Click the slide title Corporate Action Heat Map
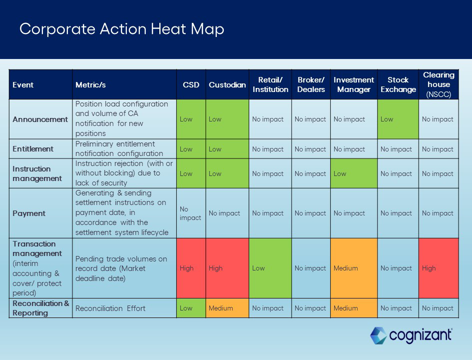(121, 29)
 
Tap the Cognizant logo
(411, 335)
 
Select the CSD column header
(191, 84)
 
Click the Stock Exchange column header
(398, 84)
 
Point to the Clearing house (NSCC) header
(439, 84)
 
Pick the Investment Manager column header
(354, 84)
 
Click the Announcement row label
(40, 119)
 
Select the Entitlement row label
(33, 149)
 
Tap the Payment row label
(29, 213)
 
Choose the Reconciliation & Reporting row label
(41, 308)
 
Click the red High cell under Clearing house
(439, 268)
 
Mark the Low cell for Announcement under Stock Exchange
(398, 119)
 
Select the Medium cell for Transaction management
(354, 268)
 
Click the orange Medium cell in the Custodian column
(227, 308)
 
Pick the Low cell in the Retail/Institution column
(270, 268)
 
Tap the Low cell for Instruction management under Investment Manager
(354, 173)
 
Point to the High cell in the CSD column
(191, 268)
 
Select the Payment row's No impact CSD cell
(191, 213)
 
